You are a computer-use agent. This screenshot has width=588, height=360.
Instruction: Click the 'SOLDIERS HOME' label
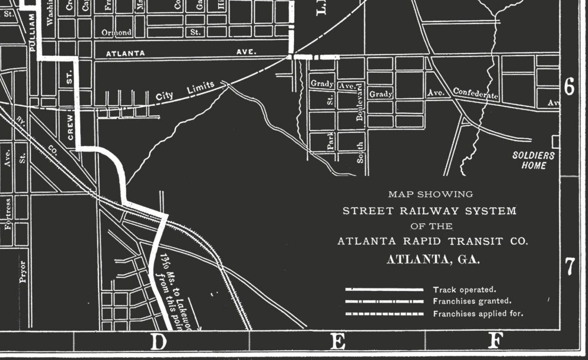point(534,160)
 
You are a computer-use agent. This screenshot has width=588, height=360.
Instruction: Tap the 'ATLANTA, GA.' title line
point(433,259)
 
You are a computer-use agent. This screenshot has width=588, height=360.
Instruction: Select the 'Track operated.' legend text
point(464,290)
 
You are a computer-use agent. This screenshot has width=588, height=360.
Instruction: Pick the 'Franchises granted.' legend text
point(472,301)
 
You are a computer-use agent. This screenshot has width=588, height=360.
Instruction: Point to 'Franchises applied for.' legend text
point(478,314)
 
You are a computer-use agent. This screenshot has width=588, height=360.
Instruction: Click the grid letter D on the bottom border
point(159,341)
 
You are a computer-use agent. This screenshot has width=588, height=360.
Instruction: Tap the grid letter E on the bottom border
point(338,341)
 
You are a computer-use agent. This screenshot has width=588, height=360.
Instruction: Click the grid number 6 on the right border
point(569,87)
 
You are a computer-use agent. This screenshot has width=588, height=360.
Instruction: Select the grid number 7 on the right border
point(570,267)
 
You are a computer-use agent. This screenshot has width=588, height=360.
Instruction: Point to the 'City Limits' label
point(185,91)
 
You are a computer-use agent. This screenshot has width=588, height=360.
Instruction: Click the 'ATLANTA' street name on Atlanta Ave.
point(125,54)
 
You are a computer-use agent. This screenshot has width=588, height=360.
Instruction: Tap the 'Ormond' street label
point(116,33)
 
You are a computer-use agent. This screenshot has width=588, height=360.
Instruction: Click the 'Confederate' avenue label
point(475,93)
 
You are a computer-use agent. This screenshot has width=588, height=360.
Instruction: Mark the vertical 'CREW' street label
point(70,127)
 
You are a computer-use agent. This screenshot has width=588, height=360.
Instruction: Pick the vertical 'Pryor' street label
point(23,271)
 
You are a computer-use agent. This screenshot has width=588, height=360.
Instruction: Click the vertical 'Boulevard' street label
point(359,102)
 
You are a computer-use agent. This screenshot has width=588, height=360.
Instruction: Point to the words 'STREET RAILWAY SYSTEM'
point(429,211)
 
